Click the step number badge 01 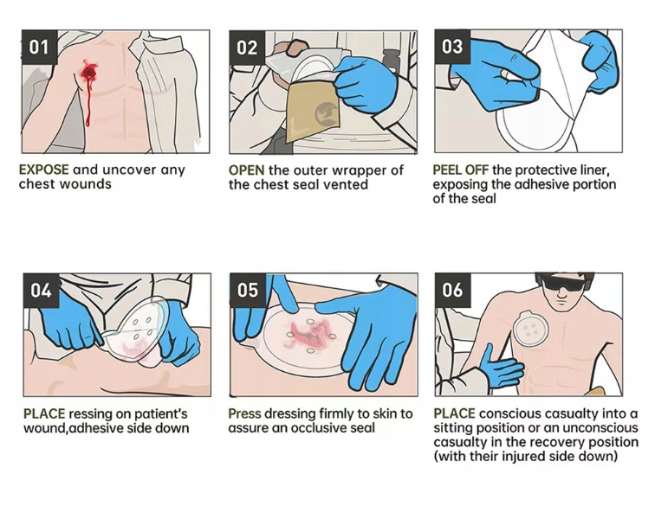(39, 47)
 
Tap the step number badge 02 (248, 47)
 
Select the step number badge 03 (452, 47)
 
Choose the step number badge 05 (248, 291)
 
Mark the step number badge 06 (452, 291)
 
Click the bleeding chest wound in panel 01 (88, 75)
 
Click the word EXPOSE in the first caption (44, 170)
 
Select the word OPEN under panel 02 (246, 170)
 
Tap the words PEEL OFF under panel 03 (461, 170)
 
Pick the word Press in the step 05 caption (245, 413)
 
